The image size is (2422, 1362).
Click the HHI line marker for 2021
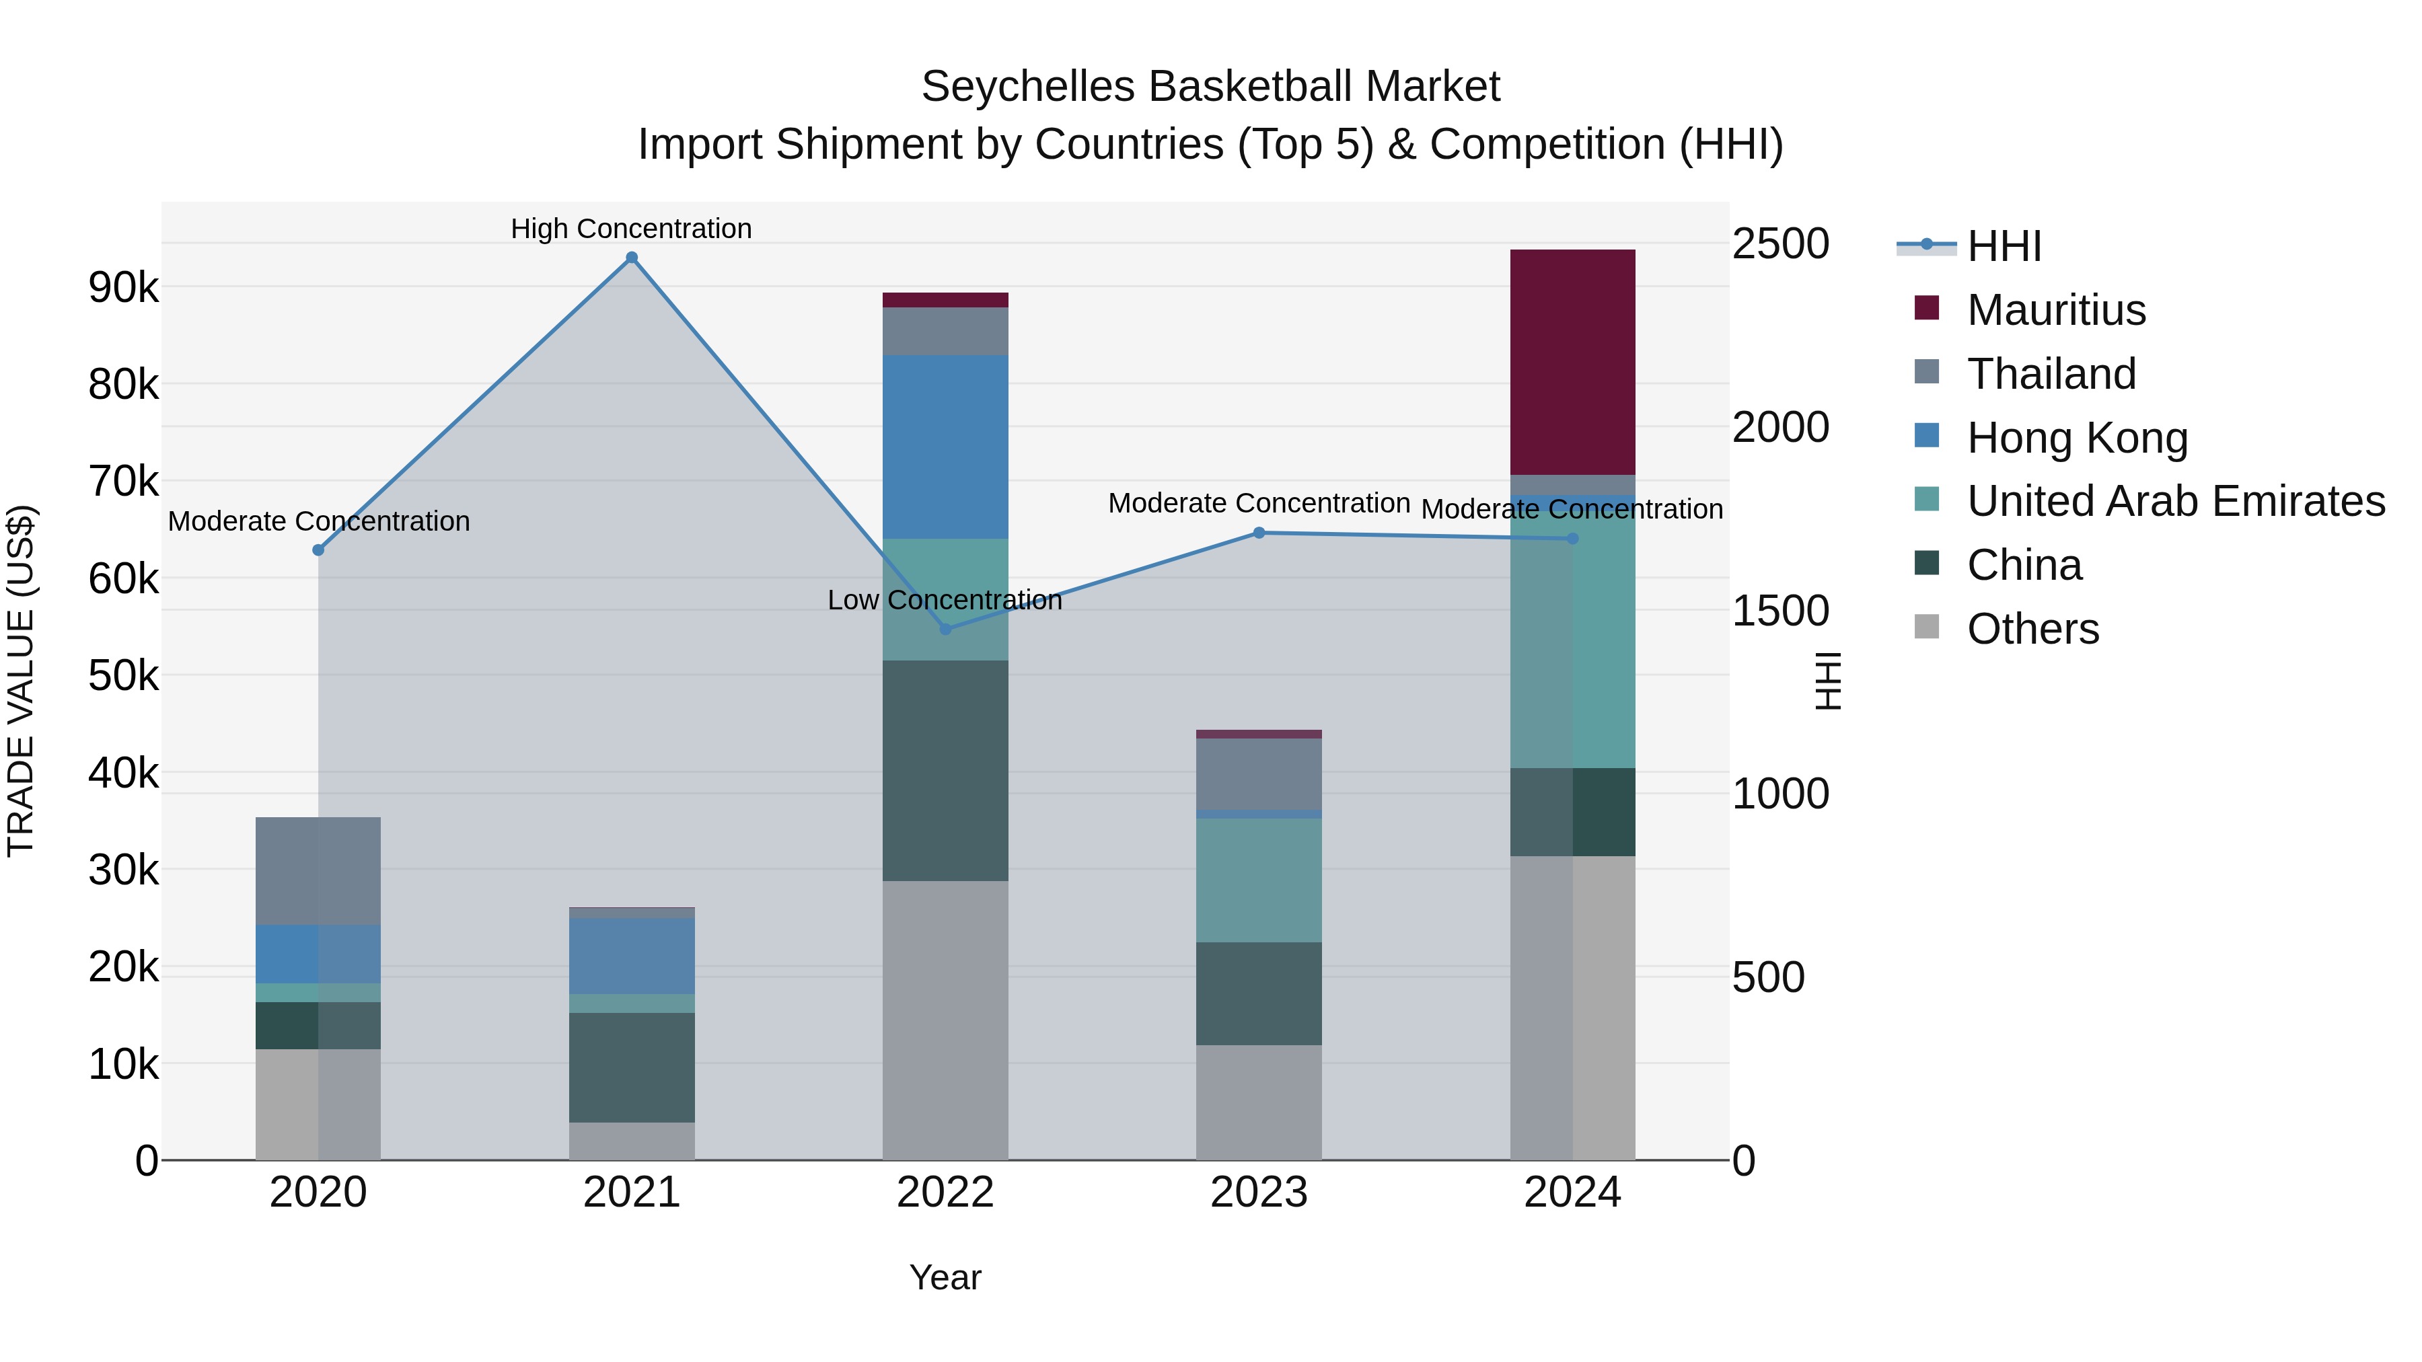(632, 258)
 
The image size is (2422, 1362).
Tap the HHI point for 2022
(946, 629)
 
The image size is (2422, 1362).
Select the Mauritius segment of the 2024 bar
(1572, 362)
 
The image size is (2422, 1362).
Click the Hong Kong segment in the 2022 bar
(945, 447)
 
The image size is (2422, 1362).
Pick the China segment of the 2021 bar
(632, 1067)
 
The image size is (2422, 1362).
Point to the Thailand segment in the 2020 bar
(318, 870)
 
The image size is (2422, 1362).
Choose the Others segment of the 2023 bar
(1258, 1102)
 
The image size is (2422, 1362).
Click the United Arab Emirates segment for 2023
(1258, 880)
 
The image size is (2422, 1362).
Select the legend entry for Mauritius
(2055, 310)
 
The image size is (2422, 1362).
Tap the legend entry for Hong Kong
(2077, 438)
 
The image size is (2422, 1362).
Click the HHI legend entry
(2003, 246)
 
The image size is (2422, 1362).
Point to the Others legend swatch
(1927, 627)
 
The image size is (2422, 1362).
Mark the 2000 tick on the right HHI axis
(1779, 428)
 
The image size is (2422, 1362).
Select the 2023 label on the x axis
(1258, 1193)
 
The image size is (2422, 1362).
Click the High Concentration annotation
(631, 229)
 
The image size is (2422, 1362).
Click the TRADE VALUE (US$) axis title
(21, 681)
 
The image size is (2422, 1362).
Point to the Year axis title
(945, 1277)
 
